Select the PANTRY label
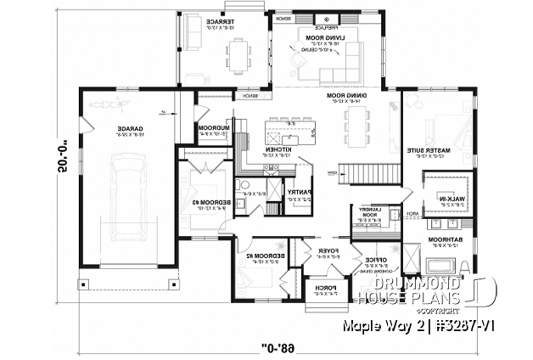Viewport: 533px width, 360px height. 300,192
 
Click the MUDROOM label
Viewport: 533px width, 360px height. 211,129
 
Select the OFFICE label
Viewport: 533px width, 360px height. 372,259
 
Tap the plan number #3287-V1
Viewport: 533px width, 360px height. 485,325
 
